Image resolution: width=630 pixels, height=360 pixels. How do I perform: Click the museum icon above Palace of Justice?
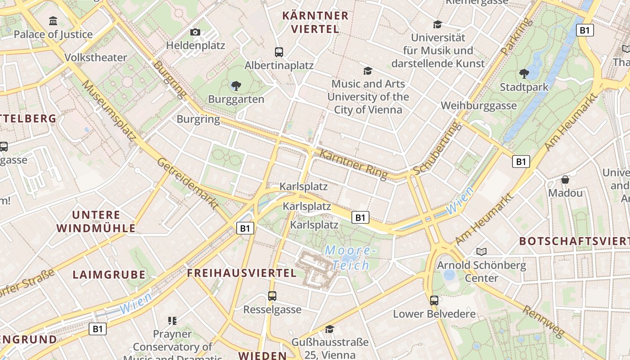coord(54,21)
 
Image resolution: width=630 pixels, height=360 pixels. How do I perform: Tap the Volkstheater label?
coord(96,58)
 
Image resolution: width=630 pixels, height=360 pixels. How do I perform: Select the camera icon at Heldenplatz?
coord(195,32)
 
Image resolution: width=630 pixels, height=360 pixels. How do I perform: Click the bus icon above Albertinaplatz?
coord(279,52)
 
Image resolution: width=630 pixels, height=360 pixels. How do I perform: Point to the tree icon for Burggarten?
coord(236,85)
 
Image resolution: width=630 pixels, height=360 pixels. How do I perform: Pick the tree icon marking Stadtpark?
coord(524,74)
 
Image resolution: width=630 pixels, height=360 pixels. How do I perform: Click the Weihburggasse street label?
coord(478,106)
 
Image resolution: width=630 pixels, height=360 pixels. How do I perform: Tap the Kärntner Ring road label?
coord(353,165)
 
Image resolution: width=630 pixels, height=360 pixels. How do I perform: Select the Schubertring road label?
coord(438,148)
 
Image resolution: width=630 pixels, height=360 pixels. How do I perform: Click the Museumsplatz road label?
coord(109,110)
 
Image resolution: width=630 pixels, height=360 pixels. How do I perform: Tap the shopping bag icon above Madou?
coord(565,180)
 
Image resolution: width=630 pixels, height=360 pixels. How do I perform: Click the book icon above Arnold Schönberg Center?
coord(481,252)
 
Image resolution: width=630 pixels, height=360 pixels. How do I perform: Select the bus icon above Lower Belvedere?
coord(434,300)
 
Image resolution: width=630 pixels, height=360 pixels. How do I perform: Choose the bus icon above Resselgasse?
coord(272,296)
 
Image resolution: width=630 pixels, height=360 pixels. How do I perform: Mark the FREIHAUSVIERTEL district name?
coord(242,273)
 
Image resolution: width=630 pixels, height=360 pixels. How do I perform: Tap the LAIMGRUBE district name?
coord(109,274)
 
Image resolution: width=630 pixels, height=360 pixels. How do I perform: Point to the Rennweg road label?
coord(543,321)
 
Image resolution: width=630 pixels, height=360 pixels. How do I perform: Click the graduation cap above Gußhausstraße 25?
coord(330,329)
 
